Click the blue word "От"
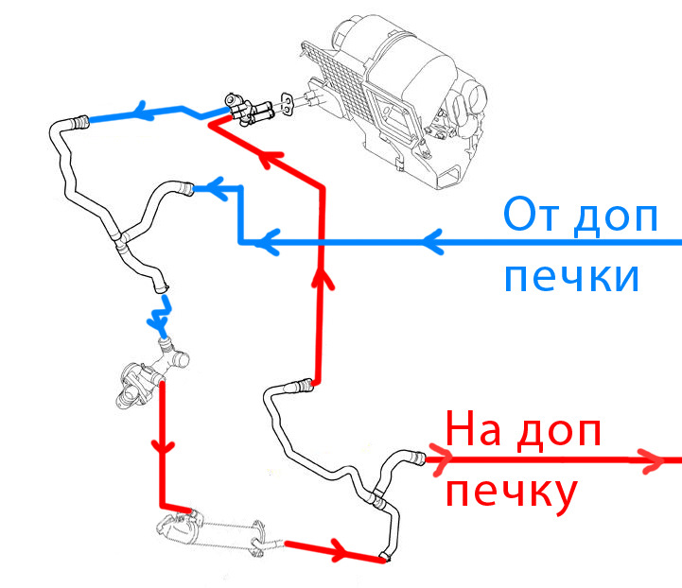(x=533, y=216)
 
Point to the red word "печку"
(x=510, y=493)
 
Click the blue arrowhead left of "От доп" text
(x=430, y=243)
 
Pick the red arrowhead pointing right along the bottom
(x=340, y=550)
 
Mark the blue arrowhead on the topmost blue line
(x=147, y=112)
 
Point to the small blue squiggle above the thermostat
(x=161, y=313)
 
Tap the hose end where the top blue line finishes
(x=79, y=120)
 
